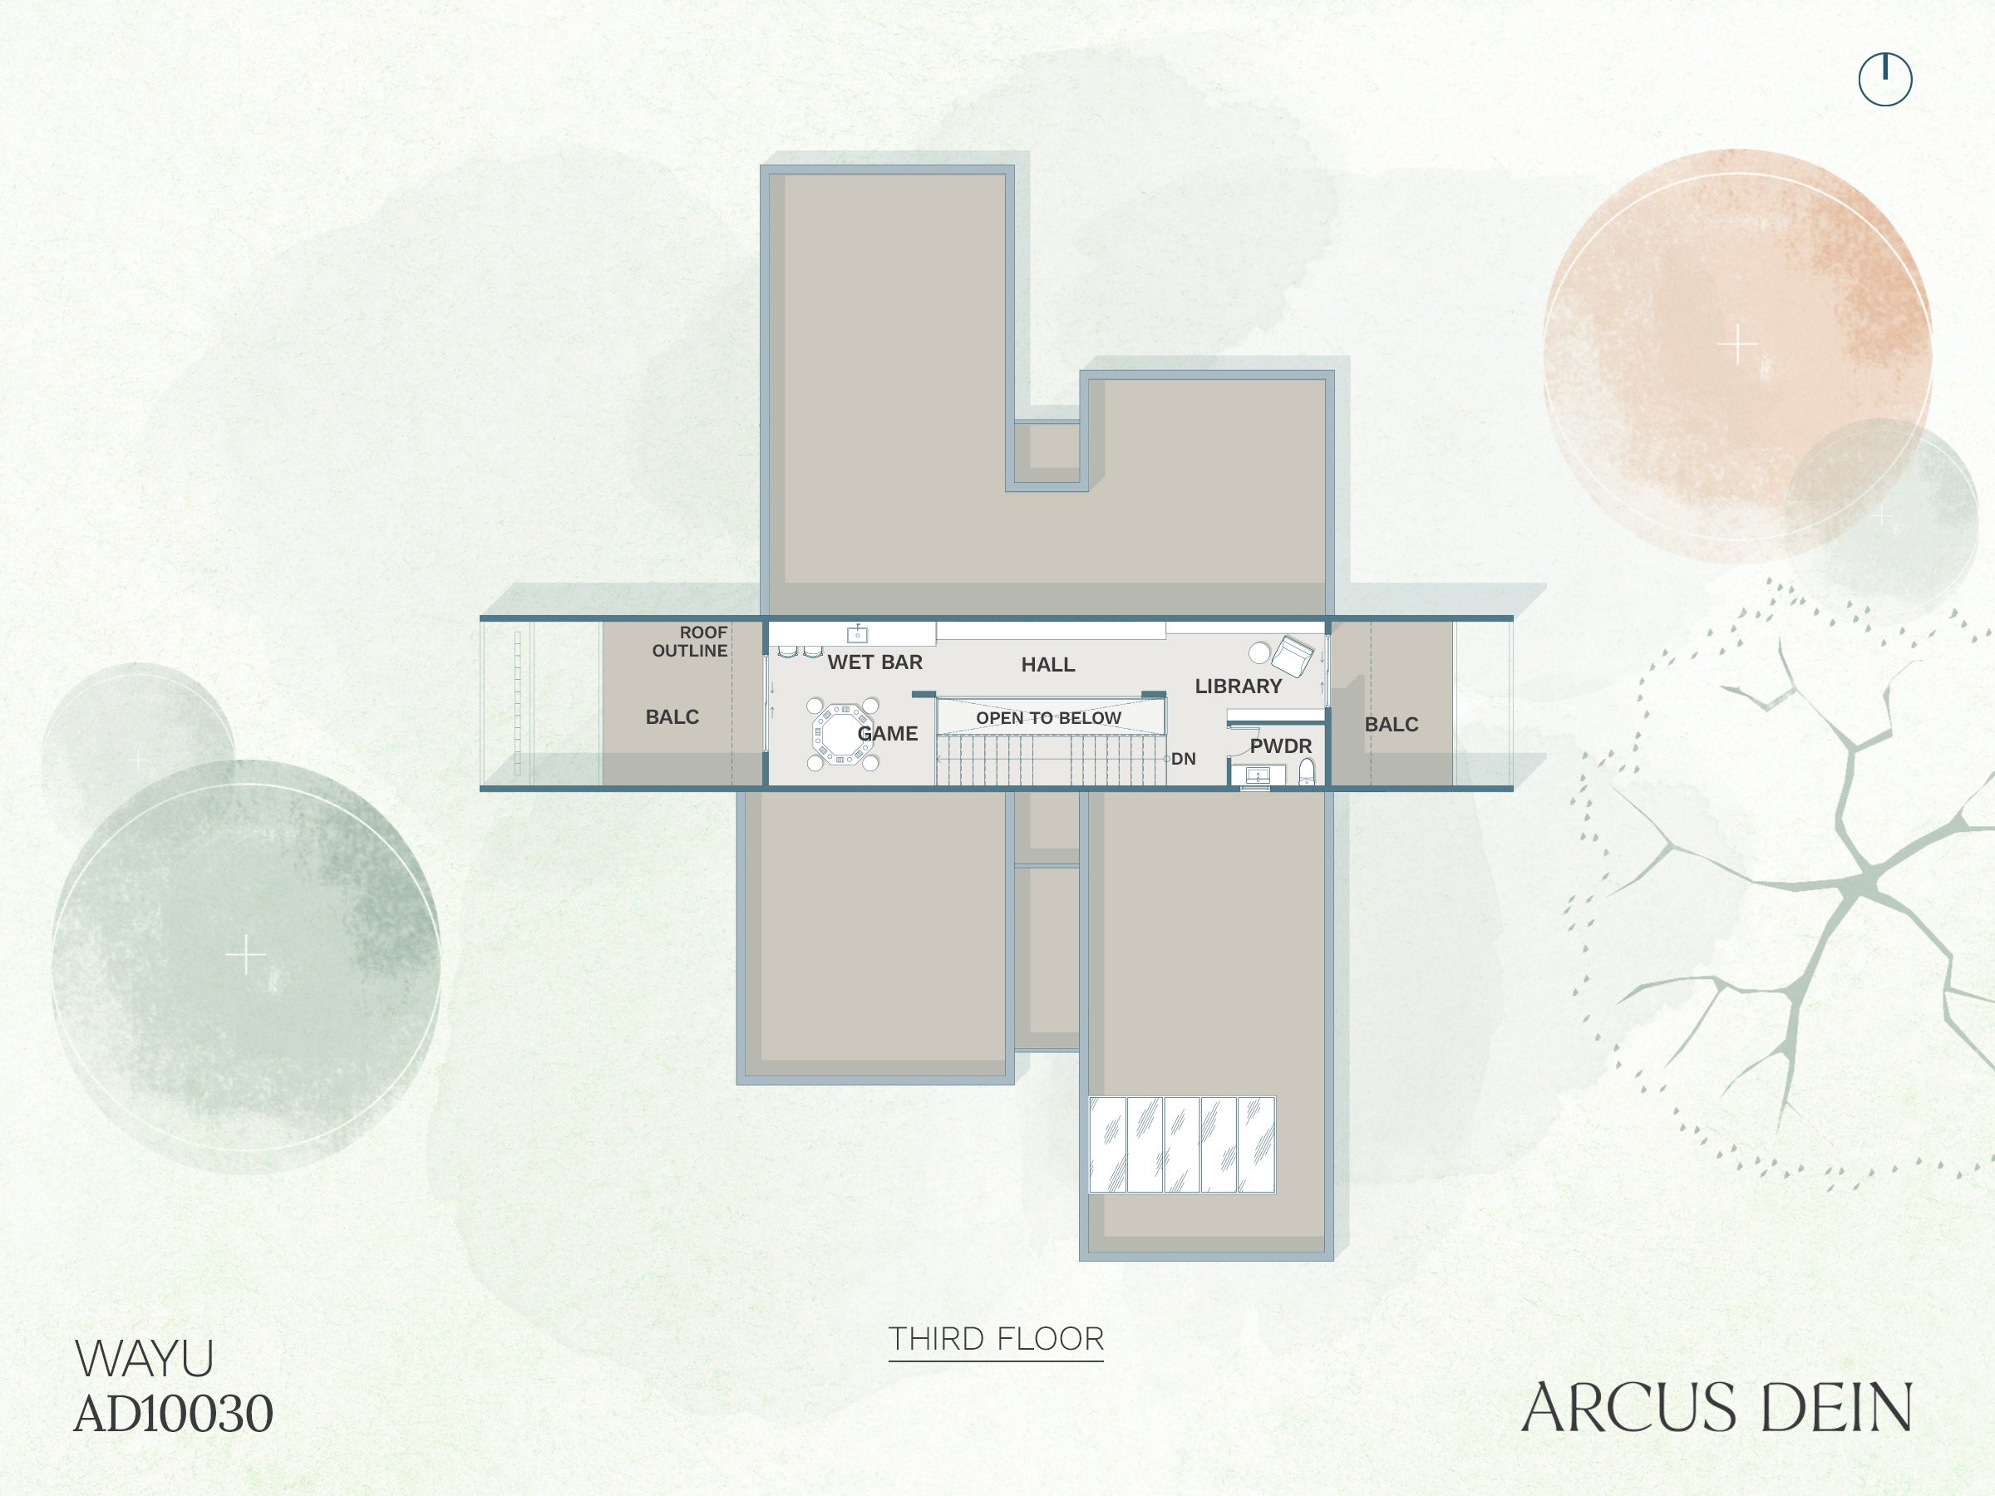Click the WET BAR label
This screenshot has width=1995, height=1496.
click(x=874, y=662)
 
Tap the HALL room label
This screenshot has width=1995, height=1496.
click(x=1048, y=665)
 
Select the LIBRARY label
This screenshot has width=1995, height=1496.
click(x=1239, y=686)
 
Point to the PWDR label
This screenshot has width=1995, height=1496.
click(x=1281, y=746)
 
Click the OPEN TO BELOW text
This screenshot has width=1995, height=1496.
click(x=1048, y=718)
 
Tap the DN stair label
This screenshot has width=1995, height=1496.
click(x=1184, y=760)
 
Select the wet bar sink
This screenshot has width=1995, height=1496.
click(x=857, y=634)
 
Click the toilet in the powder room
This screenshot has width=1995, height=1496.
click(x=1306, y=772)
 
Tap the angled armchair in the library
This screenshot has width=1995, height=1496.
click(x=1293, y=656)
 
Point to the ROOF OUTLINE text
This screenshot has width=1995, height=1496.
click(x=690, y=641)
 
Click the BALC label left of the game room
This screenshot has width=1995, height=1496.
click(x=672, y=717)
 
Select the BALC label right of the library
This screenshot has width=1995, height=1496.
click(x=1391, y=724)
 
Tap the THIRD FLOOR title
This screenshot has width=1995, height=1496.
click(x=996, y=1339)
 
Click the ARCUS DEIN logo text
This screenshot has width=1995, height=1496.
click(x=1717, y=1408)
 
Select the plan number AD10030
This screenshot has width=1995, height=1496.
click(x=173, y=1413)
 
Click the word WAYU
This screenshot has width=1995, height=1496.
click(x=145, y=1358)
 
